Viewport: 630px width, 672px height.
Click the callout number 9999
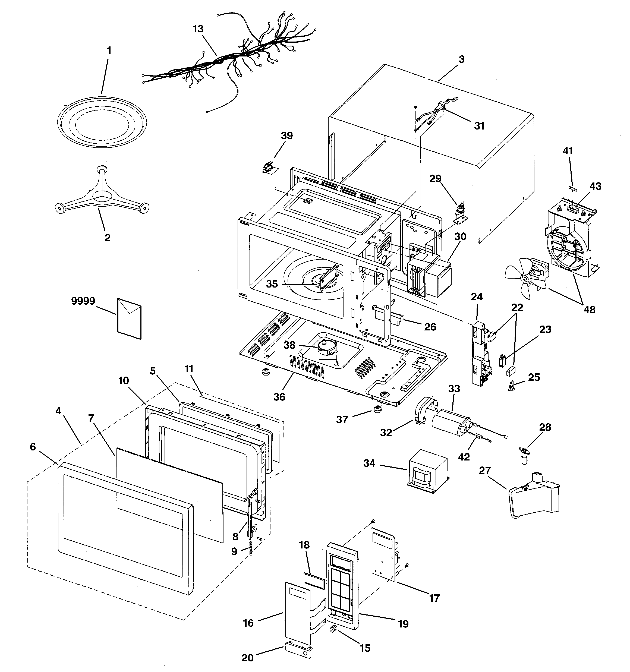tap(83, 301)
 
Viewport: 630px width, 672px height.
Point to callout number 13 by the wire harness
tap(199, 29)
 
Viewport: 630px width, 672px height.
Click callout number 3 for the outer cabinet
tap(462, 59)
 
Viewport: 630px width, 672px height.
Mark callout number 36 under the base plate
tap(279, 396)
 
